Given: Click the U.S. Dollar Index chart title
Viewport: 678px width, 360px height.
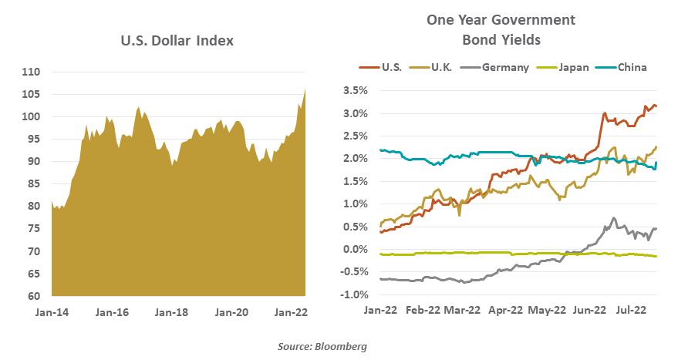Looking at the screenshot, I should click(177, 40).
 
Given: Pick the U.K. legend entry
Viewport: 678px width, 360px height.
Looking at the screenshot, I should click(442, 67).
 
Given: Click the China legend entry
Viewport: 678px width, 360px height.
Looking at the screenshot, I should click(631, 67).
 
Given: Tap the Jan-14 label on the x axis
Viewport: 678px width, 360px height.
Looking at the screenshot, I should click(52, 313).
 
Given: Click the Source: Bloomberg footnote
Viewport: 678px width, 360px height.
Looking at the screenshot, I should click(322, 347).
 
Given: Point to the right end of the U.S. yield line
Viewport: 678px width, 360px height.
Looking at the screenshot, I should click(656, 106).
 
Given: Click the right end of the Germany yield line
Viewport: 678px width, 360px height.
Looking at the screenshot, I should click(656, 228).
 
